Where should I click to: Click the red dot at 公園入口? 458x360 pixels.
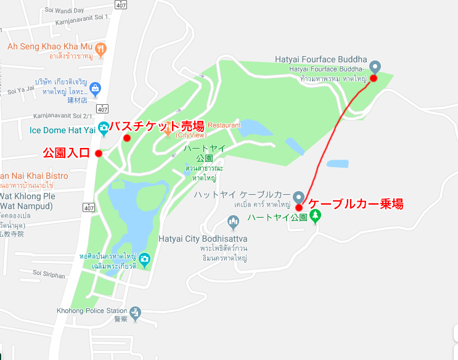99,153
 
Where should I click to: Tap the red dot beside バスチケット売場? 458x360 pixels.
127,138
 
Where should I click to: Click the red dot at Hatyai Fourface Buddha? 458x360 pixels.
373,79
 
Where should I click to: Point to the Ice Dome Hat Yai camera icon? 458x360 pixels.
104,128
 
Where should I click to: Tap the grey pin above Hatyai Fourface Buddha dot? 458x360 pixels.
374,67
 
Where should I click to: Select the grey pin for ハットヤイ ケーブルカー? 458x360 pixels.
298,197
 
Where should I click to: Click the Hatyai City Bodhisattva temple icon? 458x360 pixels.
233,221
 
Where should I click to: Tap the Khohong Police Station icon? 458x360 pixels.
135,313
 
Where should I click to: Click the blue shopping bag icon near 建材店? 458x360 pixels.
95,88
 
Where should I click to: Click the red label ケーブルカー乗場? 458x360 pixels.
356,204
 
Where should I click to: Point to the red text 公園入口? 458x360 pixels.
66,152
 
